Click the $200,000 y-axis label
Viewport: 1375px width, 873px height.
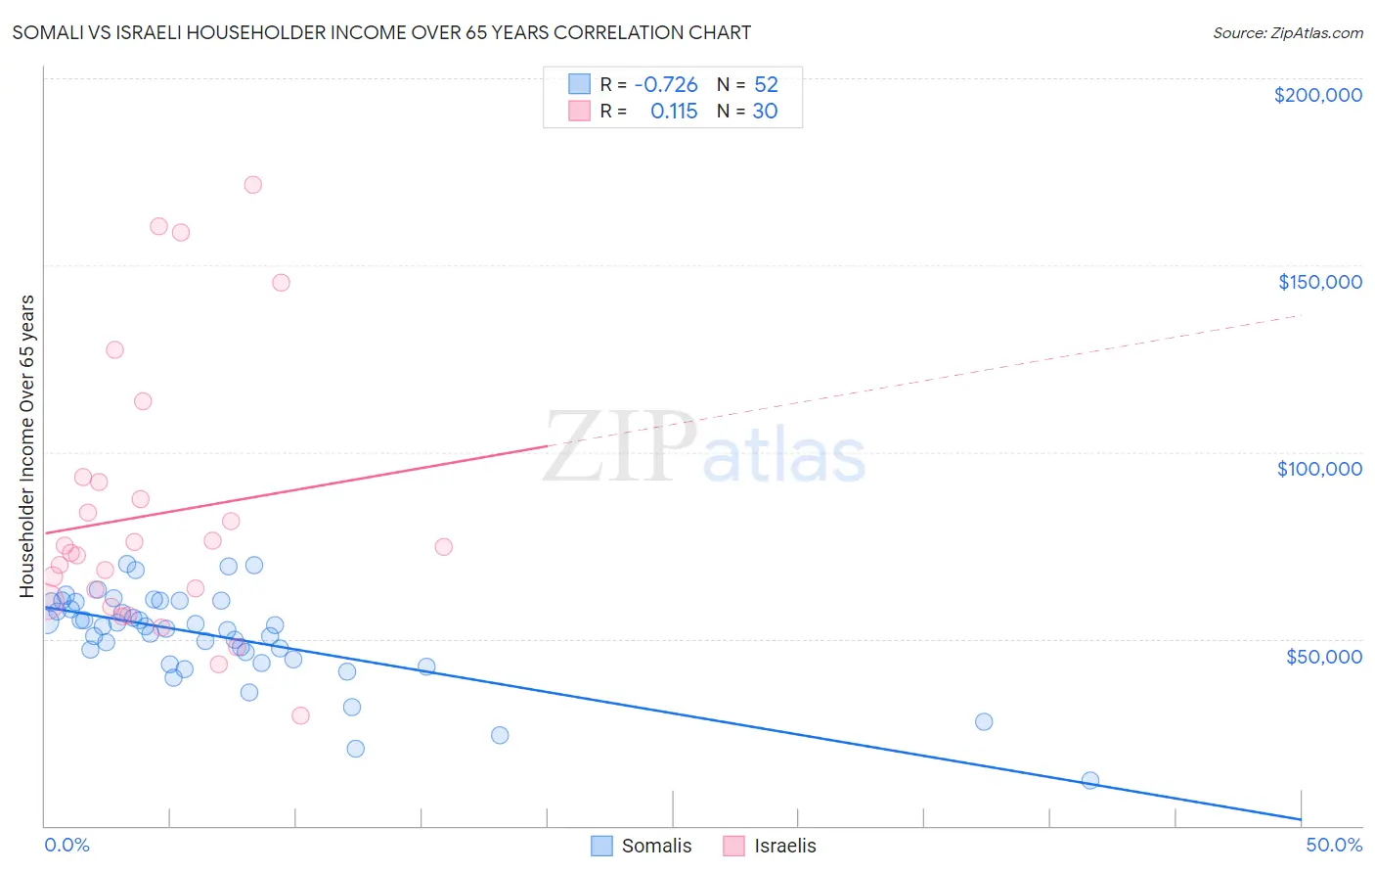1317,95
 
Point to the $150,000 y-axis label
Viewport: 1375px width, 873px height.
1319,282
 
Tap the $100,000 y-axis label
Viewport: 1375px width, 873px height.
1319,469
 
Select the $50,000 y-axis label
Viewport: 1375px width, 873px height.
1323,657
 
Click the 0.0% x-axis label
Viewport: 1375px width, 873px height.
67,845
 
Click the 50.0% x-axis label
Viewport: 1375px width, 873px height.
1333,845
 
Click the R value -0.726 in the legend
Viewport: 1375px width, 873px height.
665,85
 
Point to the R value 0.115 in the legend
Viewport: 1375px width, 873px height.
674,112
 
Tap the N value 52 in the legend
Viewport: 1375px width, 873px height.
766,85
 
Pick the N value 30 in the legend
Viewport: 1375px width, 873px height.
765,112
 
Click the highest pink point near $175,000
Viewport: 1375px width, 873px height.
252,185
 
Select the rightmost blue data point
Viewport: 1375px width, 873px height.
1090,780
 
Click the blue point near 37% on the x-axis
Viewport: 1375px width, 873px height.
984,721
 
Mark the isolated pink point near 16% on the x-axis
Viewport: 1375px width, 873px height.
443,547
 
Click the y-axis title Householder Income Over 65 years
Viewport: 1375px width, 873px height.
27,445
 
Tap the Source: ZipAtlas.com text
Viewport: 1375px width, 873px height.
1287,33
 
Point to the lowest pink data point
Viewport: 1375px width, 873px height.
300,715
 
